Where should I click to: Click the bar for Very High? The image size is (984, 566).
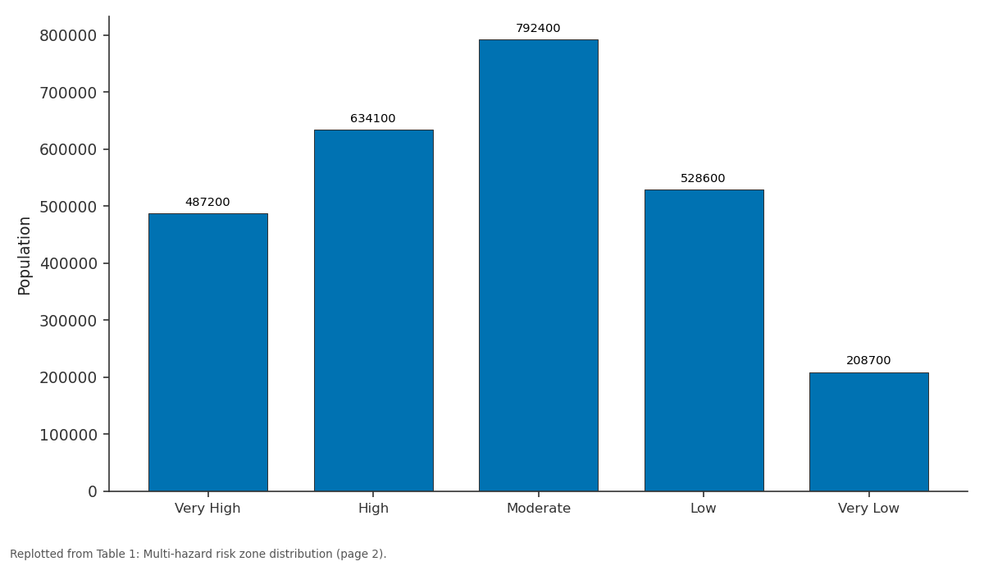208,353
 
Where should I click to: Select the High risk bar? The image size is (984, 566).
373,311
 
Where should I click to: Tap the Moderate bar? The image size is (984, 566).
539,266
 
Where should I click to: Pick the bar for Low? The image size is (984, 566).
704,340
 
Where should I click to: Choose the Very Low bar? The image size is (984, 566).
869,432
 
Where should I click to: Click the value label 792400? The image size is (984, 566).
538,28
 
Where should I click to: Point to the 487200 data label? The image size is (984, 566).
207,202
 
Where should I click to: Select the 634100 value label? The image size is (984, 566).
373,118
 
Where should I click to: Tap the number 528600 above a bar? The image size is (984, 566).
703,179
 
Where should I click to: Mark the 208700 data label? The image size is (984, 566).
868,360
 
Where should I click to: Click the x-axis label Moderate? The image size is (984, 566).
539,509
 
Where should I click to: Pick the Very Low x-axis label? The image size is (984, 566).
868,509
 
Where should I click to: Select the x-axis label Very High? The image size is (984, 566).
207,509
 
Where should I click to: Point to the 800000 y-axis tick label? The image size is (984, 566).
68,35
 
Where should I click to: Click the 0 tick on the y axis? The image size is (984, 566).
92,491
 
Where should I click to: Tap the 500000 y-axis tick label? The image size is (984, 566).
68,207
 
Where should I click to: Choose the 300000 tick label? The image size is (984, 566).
68,321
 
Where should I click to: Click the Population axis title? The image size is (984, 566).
24,256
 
